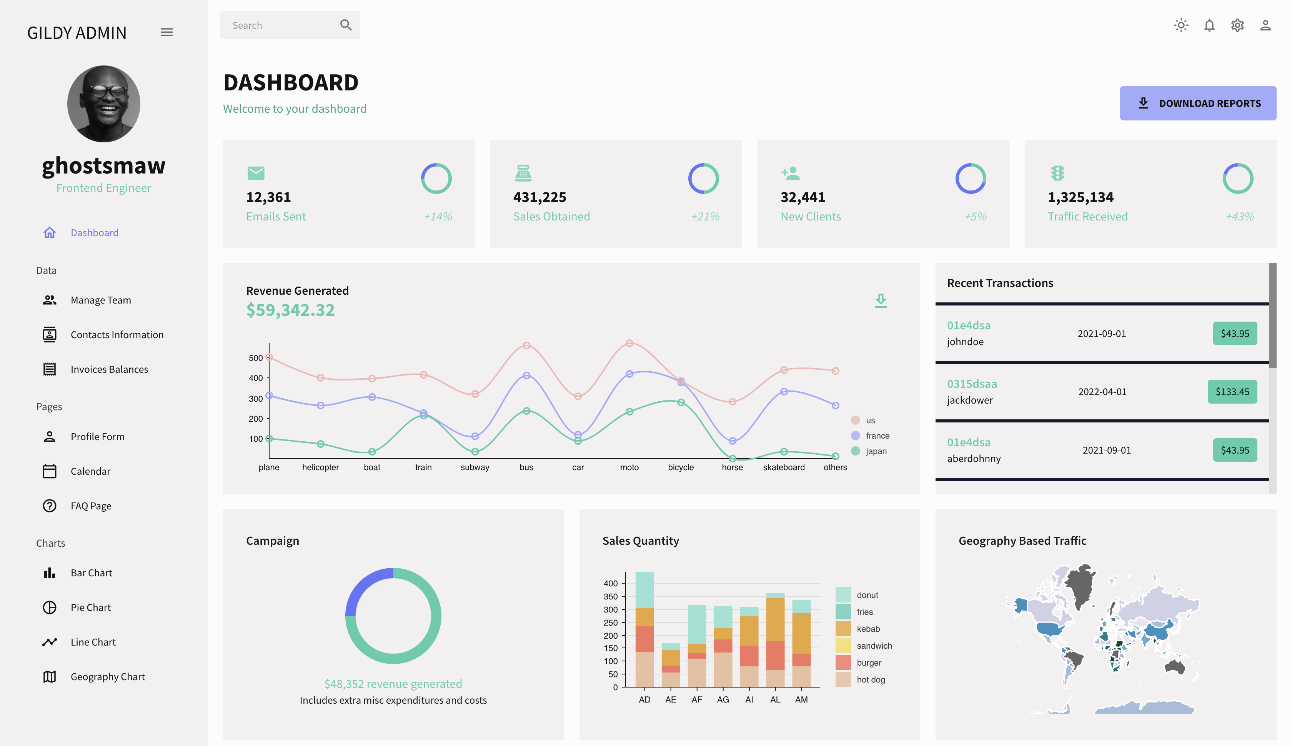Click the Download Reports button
coord(1197,103)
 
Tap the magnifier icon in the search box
coord(346,25)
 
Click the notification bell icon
coord(1209,25)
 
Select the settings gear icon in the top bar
coord(1237,25)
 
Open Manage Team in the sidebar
coord(100,300)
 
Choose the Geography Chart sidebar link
coord(108,677)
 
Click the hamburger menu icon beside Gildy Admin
coord(166,32)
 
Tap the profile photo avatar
coord(103,103)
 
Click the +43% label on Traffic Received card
coord(1239,217)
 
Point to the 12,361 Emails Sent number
coord(268,197)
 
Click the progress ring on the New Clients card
coord(971,178)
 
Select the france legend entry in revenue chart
coord(877,436)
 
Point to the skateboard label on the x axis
coord(784,467)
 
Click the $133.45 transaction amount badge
coord(1232,391)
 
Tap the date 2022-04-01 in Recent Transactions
coord(1102,391)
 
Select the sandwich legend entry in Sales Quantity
coord(874,646)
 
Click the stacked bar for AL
coord(775,641)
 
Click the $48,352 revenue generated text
coord(393,684)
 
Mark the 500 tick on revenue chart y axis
coord(256,358)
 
